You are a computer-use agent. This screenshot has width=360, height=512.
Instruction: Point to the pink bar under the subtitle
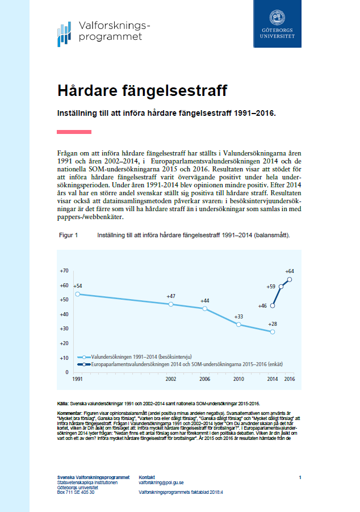pyautogui.click(x=74, y=132)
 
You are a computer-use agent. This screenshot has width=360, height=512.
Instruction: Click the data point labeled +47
pyautogui.click(x=171, y=304)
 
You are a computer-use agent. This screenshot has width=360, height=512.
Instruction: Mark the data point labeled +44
pyautogui.click(x=204, y=308)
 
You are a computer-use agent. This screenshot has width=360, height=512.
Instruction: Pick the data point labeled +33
pyautogui.click(x=238, y=324)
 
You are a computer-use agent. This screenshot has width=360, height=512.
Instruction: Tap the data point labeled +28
pyautogui.click(x=273, y=331)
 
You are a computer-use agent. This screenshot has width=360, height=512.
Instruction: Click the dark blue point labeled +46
pyautogui.click(x=273, y=305)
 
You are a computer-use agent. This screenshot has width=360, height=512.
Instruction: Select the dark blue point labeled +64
pyautogui.click(x=290, y=279)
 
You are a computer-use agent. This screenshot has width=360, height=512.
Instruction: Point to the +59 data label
pyautogui.click(x=271, y=287)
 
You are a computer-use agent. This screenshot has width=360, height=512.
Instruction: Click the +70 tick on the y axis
pyautogui.click(x=64, y=271)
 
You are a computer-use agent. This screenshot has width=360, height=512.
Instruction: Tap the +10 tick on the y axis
pyautogui.click(x=64, y=358)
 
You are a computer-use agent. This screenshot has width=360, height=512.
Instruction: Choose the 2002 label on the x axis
pyautogui.click(x=171, y=378)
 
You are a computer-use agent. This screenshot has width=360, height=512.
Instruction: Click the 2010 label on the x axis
pyautogui.click(x=238, y=378)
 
